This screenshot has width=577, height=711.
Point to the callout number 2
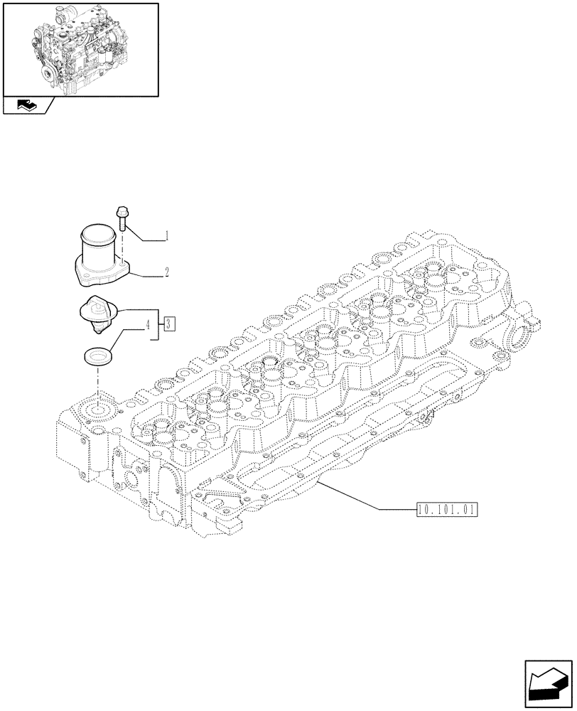166,272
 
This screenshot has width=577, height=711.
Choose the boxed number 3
168,325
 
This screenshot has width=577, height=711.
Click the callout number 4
148,326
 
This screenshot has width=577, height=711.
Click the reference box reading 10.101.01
446,509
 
